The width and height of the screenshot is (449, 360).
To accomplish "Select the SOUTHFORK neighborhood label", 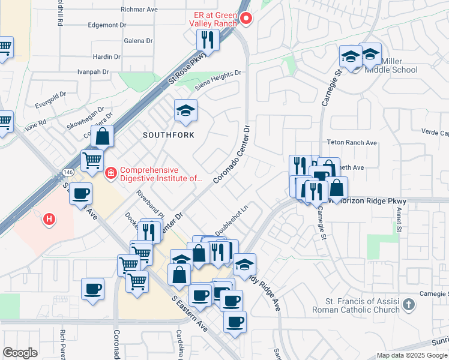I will point(169,135).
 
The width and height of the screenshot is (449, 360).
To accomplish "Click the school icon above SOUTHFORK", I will point(185,110).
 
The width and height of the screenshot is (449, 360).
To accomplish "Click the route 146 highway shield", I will point(64,173).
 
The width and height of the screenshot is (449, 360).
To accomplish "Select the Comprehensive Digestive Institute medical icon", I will point(110,174).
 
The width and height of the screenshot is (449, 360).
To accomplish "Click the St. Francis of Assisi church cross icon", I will point(409,304).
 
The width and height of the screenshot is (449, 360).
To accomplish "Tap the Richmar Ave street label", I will point(139,10).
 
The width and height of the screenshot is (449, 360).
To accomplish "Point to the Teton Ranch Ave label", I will point(351,143).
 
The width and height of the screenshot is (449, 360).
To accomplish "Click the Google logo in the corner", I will point(20,353).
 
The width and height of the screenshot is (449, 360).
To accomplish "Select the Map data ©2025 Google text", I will point(411,355).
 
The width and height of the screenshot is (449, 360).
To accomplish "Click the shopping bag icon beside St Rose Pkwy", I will point(103,136).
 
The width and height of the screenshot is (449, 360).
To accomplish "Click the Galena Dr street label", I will point(139,41).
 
